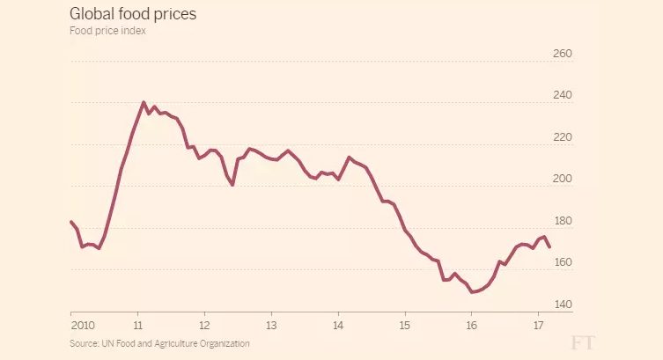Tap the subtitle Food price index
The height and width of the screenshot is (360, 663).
coord(107,31)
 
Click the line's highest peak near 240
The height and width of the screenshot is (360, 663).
coord(143,102)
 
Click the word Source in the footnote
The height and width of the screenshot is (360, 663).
coord(85,343)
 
